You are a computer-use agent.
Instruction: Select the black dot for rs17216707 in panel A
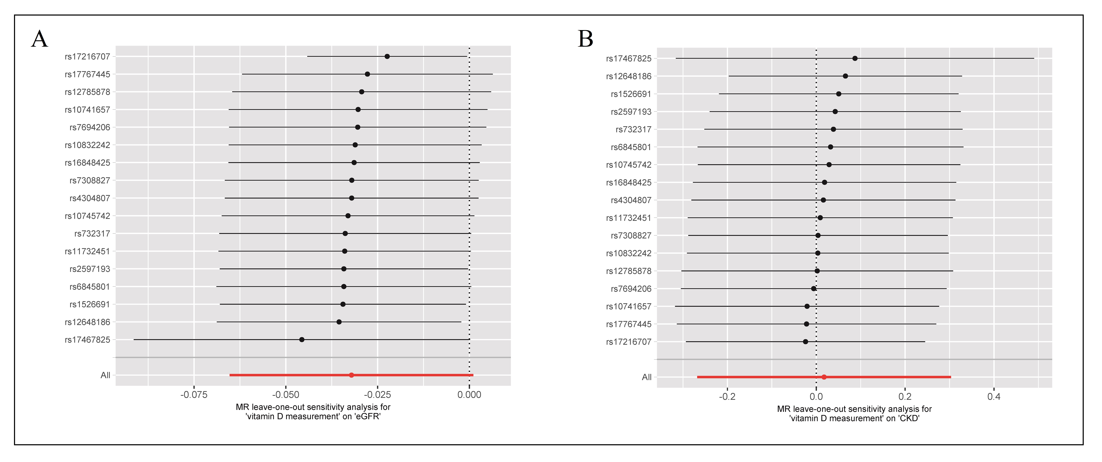387,57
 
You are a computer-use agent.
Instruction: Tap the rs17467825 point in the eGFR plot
302,340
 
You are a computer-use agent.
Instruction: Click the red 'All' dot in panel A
352,375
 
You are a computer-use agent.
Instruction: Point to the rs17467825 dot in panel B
855,58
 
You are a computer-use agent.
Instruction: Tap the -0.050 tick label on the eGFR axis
286,395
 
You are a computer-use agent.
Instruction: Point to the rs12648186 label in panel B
629,76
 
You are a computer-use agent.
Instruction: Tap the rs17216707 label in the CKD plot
629,342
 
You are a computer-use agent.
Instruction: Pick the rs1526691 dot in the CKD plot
838,94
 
